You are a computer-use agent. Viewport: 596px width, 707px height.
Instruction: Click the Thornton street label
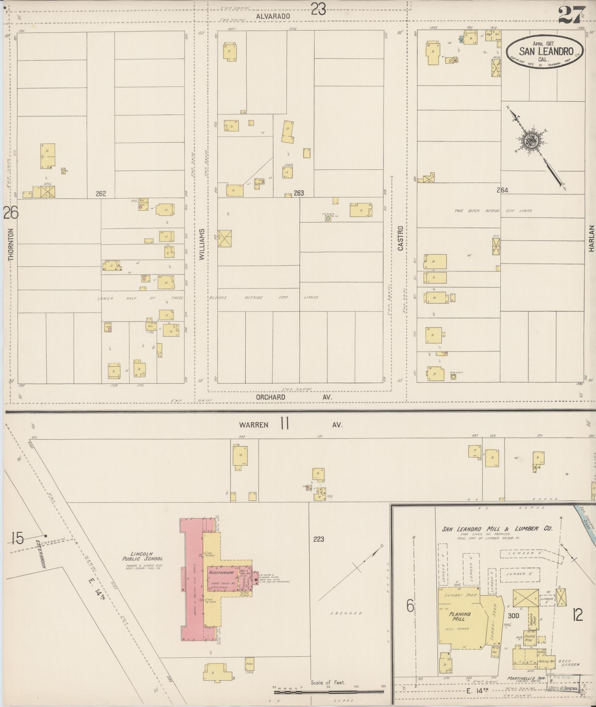(10, 245)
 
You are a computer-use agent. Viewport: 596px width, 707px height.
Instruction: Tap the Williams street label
(202, 244)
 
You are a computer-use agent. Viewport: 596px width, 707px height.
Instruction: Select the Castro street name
(400, 238)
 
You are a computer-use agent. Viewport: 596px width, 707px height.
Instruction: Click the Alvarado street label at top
(272, 16)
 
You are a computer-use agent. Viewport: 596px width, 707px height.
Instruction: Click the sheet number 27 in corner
(571, 16)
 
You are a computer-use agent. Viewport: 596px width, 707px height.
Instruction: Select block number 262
(101, 193)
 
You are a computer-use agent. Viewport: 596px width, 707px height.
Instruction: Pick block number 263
(299, 193)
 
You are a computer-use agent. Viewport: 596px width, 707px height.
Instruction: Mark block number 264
(503, 190)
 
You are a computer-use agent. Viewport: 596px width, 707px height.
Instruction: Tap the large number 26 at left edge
(11, 213)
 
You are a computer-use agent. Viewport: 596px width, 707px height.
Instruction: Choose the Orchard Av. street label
(294, 397)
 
